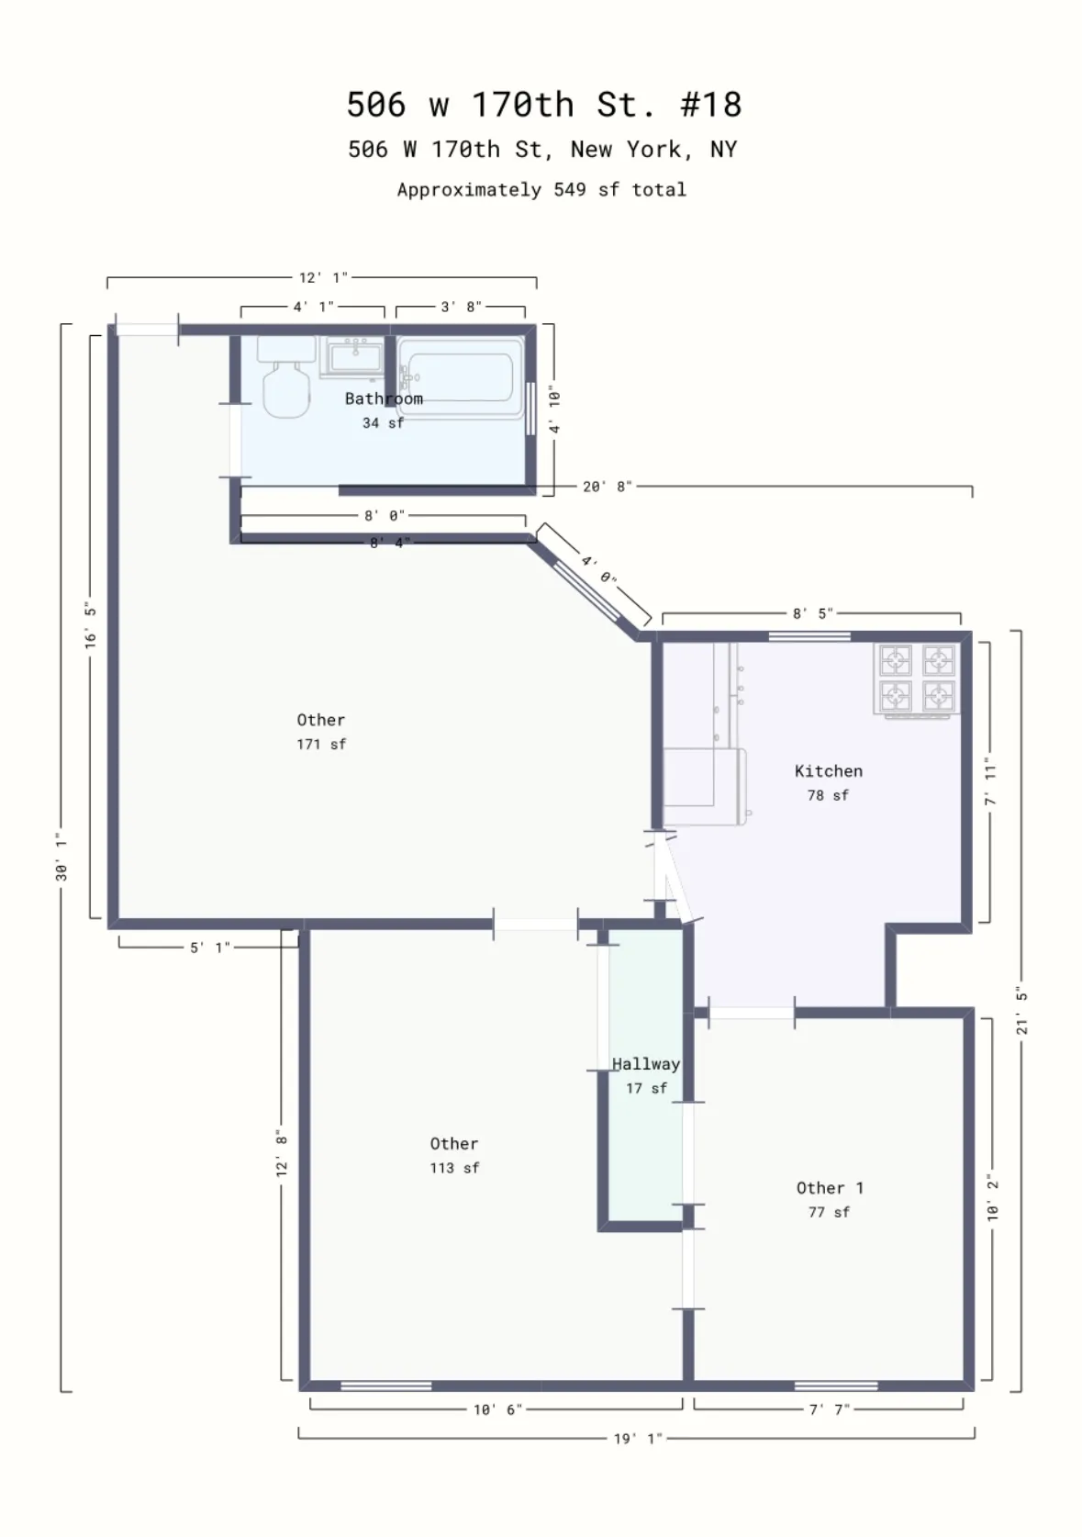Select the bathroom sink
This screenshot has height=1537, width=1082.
[354, 356]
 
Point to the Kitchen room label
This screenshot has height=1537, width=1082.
[829, 771]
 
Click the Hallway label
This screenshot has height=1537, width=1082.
[646, 1064]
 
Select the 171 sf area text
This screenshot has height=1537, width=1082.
[321, 745]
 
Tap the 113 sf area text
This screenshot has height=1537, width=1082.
[454, 1168]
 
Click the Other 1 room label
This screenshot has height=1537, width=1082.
[830, 1188]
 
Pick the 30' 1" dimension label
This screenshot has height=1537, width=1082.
[61, 857]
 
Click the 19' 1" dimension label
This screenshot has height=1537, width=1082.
[638, 1439]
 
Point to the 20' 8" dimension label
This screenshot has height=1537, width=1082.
[607, 487]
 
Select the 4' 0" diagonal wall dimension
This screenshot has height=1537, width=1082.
[598, 569]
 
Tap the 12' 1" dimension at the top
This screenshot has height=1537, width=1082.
[323, 277]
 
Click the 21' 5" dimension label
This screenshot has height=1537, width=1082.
[1021, 1010]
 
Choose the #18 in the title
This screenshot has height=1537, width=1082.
[711, 105]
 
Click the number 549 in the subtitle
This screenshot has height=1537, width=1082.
[570, 190]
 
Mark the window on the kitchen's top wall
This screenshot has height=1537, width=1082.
[809, 636]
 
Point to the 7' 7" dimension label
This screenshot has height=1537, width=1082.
[829, 1409]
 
